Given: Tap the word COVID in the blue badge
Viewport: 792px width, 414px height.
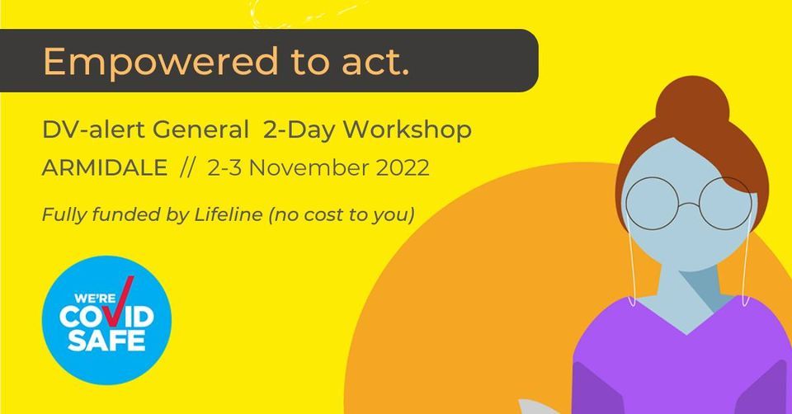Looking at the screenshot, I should coord(107,317).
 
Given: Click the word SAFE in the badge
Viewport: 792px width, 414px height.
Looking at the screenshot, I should coord(106,339).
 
